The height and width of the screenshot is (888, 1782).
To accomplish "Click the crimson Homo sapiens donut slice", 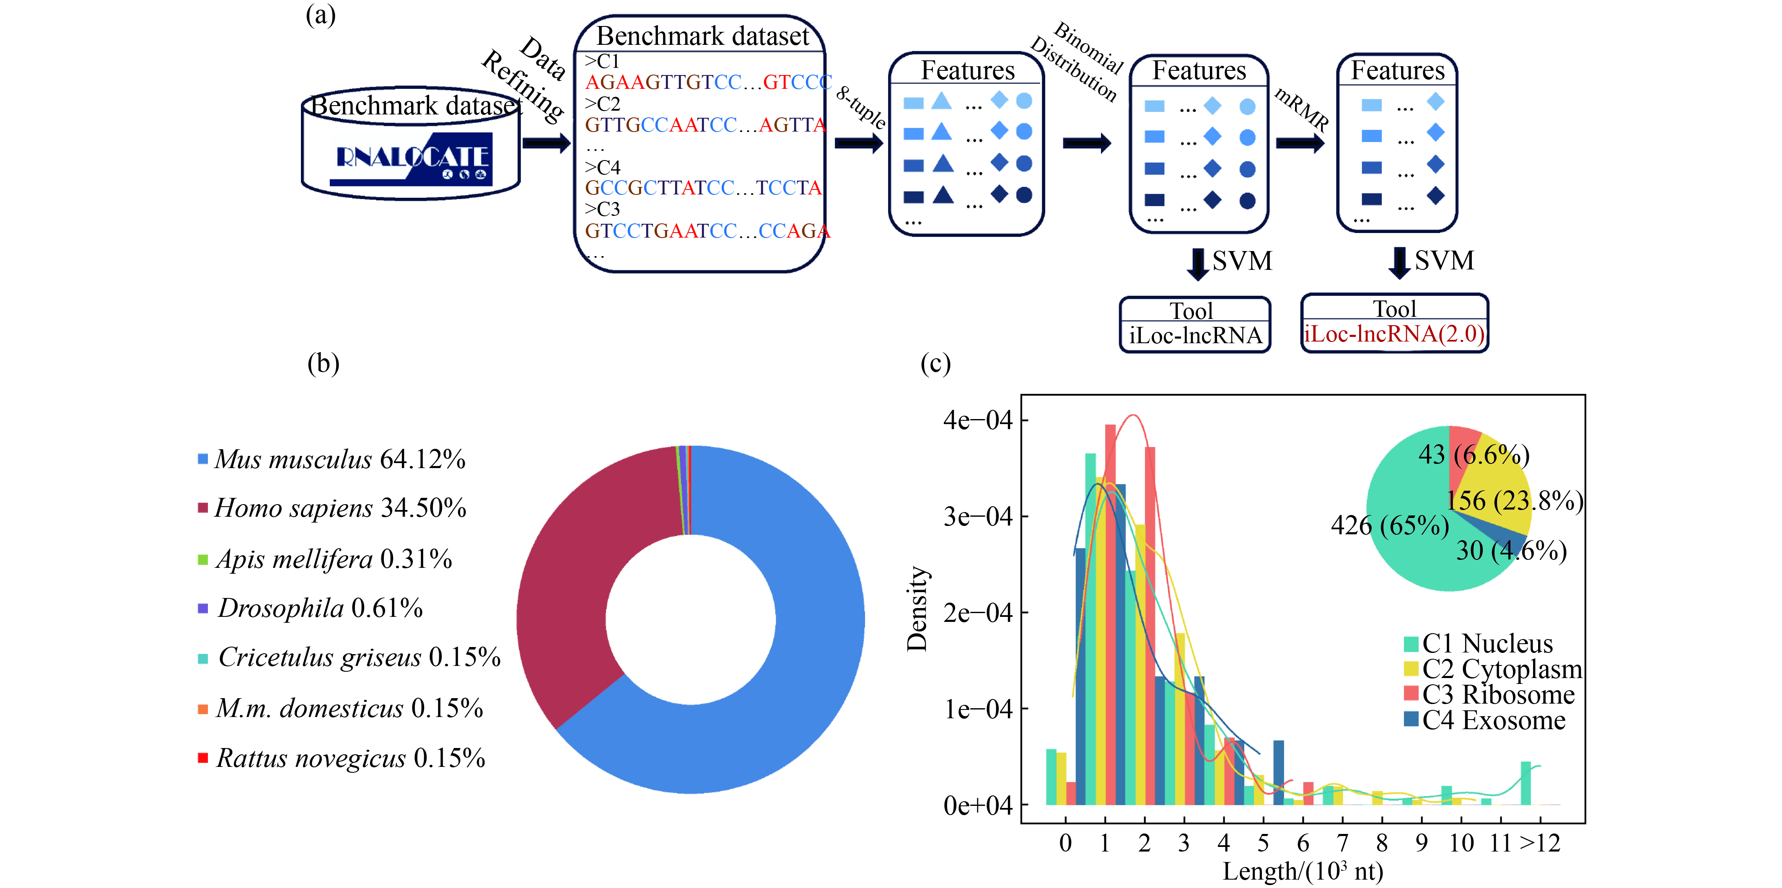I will pos(567,588).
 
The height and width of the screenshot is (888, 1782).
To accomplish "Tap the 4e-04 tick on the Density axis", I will pos(977,420).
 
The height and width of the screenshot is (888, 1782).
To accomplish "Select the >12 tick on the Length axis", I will pos(1540,843).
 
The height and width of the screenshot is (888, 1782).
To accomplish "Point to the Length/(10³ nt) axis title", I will pos(1303,871).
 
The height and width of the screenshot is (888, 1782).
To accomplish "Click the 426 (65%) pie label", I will pos(1389,526).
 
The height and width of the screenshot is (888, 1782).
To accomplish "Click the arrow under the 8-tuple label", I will pos(858,143).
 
